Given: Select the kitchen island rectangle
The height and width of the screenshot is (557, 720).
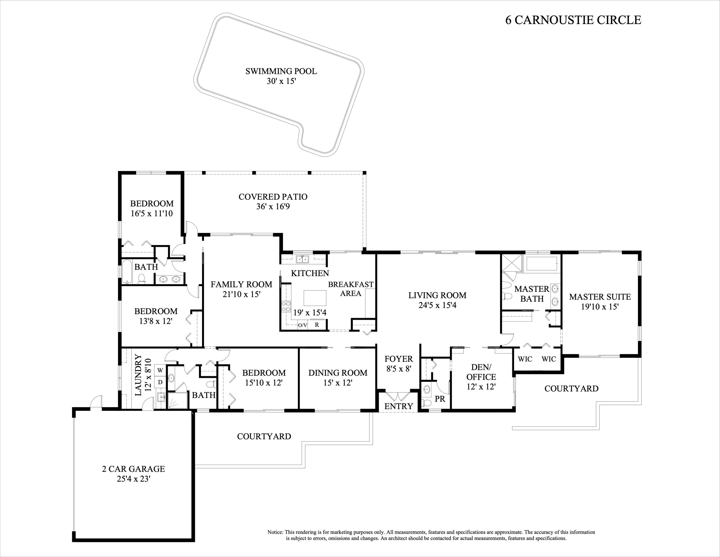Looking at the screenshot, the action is [315, 298].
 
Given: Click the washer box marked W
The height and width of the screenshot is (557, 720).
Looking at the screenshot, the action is [160, 370].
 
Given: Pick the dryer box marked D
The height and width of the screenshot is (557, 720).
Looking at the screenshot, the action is [160, 382].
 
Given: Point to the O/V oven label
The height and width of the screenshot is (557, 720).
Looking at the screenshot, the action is [303, 325].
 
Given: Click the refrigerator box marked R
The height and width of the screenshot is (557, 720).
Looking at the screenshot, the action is [317, 325].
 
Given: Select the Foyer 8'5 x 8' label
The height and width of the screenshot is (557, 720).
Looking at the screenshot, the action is [399, 364].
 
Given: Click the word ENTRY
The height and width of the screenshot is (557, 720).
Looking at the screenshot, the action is [399, 406].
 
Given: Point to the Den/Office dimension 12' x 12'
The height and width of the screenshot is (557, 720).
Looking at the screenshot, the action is [481, 386].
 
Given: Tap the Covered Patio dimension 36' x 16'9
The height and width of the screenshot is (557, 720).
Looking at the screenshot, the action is [273, 207].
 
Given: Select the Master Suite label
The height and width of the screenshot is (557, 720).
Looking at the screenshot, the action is [600, 297].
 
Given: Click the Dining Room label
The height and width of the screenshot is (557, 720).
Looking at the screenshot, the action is [338, 373].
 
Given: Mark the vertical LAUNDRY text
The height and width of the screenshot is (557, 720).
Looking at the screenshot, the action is [138, 375].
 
